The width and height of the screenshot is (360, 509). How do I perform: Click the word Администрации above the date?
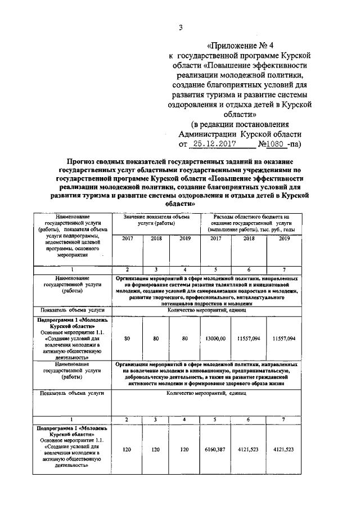click(207, 134)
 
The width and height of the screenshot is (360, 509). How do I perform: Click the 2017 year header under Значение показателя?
click(128, 238)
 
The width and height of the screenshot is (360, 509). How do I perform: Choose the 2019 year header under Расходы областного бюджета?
click(284, 238)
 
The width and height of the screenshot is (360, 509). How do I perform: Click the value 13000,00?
click(215, 339)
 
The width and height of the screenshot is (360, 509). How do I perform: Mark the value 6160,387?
click(215, 450)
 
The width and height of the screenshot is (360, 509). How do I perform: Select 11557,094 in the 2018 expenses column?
click(249, 339)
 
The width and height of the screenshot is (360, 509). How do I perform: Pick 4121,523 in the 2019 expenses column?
click(284, 450)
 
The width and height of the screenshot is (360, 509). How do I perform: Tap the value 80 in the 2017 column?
click(128, 339)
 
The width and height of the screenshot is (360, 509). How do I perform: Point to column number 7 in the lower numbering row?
click(284, 420)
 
